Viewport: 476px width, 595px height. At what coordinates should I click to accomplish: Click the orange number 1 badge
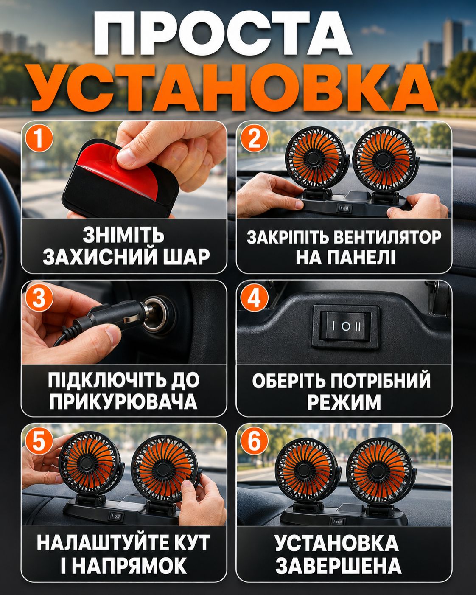pos(39,138)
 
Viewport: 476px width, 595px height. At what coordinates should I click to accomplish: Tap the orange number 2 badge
pos(254,138)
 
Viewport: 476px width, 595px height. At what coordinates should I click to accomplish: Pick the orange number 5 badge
pos(39,441)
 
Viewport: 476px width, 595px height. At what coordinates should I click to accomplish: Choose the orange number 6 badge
pos(254,441)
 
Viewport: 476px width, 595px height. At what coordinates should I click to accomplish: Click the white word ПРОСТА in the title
pos(223,34)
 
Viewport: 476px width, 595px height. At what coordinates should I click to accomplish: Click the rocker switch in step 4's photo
pos(345,326)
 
